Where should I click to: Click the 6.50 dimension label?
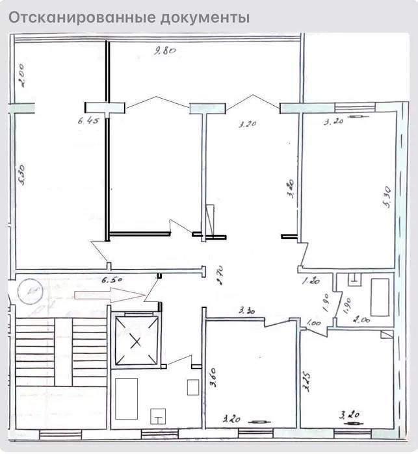[x=112, y=280]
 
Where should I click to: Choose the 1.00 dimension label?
[x=313, y=322]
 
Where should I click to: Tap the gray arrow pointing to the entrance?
[x=109, y=295]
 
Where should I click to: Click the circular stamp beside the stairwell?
[x=31, y=291]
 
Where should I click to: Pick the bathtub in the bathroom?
[x=379, y=296]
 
